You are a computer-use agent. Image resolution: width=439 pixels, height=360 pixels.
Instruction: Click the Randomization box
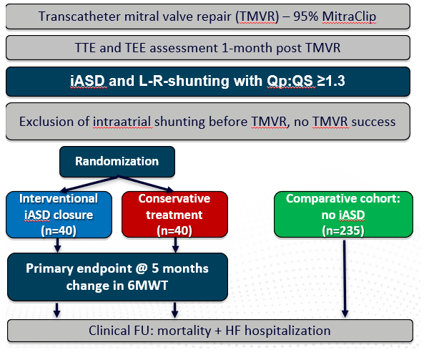pos(117,162)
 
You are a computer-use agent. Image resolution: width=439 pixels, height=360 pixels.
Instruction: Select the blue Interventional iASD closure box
pos(59,215)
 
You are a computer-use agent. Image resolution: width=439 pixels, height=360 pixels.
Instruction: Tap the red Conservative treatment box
pos(174,215)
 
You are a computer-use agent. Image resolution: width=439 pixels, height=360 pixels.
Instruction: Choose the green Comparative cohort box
pos(343,215)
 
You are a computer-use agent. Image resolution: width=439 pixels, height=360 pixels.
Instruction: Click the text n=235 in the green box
pos(343,231)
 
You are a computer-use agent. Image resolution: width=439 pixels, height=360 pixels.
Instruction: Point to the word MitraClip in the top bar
pos(349,16)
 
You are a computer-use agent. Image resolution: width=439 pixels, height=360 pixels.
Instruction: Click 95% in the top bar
pos(305,16)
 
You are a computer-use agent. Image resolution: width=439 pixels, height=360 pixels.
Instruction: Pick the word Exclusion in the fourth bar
pos(54,122)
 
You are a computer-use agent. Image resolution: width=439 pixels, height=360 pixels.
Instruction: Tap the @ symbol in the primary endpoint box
pos(142,268)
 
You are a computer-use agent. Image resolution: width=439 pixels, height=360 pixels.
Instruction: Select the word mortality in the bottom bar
pos(184,331)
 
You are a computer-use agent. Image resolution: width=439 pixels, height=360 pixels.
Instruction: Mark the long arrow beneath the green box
pos(345,278)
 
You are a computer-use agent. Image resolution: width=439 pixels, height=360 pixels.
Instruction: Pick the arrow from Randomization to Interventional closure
pos(89,184)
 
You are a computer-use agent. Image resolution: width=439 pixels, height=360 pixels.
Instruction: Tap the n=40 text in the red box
pos(174,231)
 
